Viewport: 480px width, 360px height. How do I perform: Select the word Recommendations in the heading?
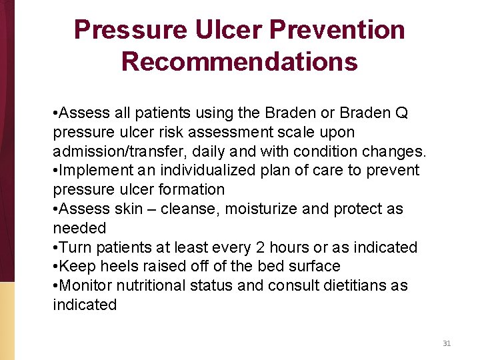click(x=239, y=61)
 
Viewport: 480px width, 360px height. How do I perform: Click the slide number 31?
click(x=447, y=343)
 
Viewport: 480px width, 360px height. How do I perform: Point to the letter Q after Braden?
click(x=401, y=113)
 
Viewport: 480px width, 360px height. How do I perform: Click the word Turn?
click(x=75, y=247)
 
